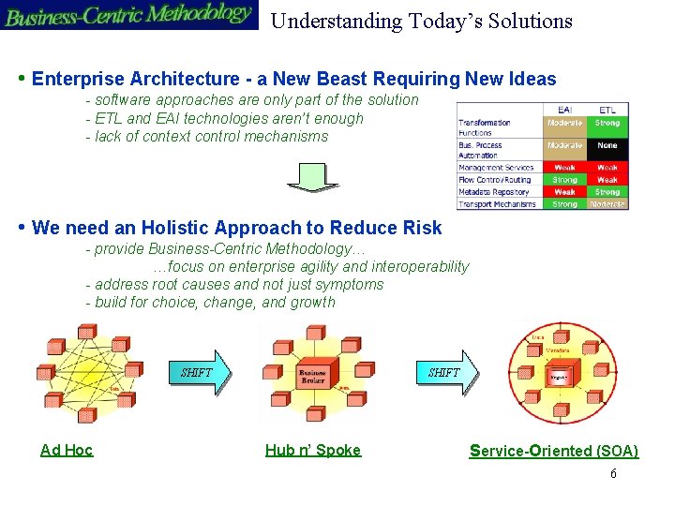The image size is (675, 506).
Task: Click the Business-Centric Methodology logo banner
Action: [128, 15]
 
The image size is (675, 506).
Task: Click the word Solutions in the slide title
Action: [527, 21]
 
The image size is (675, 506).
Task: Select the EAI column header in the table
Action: [564, 110]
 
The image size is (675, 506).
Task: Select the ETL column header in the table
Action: [607, 110]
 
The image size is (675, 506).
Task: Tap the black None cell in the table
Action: [607, 145]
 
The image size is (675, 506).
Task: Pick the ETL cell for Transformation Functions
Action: [607, 123]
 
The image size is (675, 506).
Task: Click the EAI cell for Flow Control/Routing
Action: [564, 180]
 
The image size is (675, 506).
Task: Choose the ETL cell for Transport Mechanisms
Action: [607, 203]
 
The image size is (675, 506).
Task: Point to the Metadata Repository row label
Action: [496, 192]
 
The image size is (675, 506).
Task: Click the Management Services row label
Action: [496, 168]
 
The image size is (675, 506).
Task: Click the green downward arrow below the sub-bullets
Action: [312, 176]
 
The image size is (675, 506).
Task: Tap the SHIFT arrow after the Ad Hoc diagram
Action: [198, 372]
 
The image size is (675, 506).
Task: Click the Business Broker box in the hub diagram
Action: [312, 375]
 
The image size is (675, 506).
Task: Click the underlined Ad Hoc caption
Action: [67, 450]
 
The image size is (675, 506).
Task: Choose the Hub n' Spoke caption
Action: [312, 450]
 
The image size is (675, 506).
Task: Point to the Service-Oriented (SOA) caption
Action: [553, 451]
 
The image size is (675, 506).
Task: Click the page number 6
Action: [613, 474]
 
